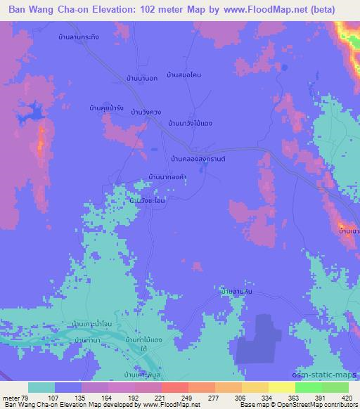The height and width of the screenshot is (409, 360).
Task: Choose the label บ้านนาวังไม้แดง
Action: pyautogui.click(x=190, y=123)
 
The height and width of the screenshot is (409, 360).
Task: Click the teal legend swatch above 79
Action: pyautogui.click(x=41, y=387)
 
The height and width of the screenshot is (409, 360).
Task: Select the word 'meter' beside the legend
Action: pyautogui.click(x=11, y=397)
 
